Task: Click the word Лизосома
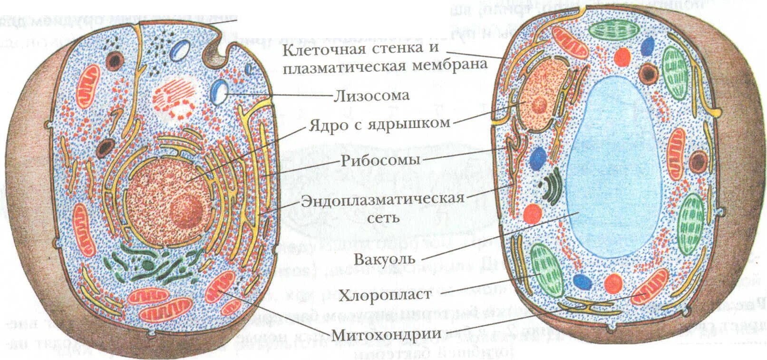371,96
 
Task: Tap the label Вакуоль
385,260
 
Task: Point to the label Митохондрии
386,334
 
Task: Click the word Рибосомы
380,160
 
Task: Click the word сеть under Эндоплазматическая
383,218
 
